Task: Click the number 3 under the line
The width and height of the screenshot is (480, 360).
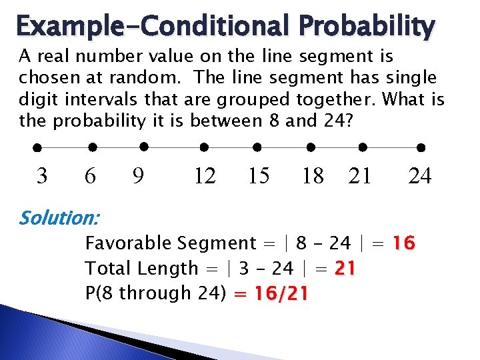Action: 42,176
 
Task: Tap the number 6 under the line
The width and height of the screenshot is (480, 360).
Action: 91,176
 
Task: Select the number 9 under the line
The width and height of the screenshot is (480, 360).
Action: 139,176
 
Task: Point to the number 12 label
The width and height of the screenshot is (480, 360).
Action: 204,176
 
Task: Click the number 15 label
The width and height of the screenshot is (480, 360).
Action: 258,176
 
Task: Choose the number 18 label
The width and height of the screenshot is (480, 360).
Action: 312,176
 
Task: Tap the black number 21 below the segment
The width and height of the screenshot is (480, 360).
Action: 360,176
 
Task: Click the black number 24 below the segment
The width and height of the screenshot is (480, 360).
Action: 420,176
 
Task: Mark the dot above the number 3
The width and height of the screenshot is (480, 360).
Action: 38,147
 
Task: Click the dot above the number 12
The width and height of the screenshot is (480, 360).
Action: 205,147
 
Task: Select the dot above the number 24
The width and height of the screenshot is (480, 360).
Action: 421,147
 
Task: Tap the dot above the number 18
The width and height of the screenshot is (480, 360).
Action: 311,147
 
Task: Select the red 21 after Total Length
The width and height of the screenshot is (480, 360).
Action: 344,269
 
